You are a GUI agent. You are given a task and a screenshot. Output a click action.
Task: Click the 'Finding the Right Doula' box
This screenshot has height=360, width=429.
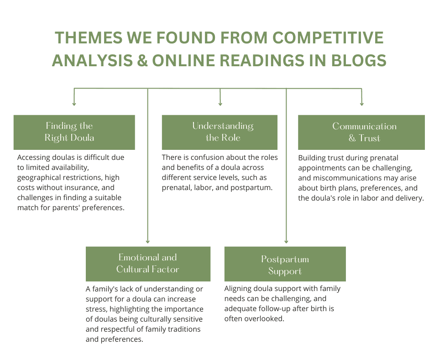(x=74, y=132)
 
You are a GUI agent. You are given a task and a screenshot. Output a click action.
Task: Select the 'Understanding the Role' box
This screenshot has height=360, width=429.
(x=220, y=132)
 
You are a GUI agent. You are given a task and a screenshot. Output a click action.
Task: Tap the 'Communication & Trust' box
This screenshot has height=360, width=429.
(x=361, y=132)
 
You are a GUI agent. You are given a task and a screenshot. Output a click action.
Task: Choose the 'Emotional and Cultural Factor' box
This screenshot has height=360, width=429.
(x=148, y=264)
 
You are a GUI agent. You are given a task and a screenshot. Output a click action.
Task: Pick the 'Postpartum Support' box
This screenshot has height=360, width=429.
(x=285, y=264)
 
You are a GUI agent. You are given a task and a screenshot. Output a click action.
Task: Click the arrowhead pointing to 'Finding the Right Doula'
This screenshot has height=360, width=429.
(x=74, y=104)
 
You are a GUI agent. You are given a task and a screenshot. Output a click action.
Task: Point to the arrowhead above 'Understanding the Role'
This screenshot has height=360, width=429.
(x=220, y=104)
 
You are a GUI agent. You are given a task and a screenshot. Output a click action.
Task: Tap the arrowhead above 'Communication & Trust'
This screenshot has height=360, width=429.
(x=362, y=104)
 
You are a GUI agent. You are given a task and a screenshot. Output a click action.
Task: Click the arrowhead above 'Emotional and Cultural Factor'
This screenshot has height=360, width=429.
(x=148, y=241)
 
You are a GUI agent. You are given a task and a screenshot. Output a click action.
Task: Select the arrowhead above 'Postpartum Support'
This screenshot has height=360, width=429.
(x=286, y=241)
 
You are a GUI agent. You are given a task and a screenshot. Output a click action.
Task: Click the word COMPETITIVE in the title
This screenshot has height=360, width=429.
(x=328, y=37)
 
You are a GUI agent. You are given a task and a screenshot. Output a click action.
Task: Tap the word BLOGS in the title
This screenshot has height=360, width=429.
(x=359, y=60)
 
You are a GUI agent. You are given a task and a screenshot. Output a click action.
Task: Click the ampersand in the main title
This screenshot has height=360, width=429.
(x=142, y=60)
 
